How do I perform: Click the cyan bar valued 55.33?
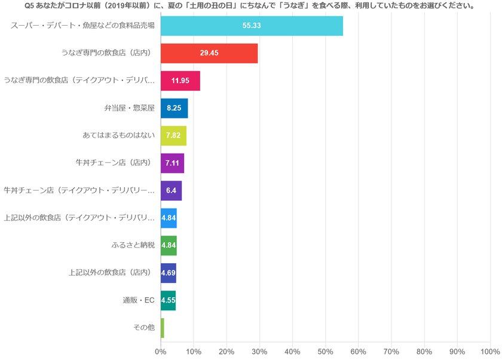251,26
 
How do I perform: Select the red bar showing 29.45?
209,53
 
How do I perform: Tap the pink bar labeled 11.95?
180,81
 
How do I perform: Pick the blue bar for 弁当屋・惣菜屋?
174,108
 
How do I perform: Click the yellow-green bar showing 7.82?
173,136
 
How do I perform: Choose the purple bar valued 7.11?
172,163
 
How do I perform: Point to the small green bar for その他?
162,328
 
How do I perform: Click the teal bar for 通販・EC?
168,300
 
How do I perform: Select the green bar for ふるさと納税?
169,246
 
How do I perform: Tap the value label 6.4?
171,191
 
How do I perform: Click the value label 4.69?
168,273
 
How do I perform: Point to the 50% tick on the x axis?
325,352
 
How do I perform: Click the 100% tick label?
489,352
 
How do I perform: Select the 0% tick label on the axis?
161,352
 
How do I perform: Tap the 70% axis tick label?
391,352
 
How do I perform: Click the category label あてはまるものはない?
118,136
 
